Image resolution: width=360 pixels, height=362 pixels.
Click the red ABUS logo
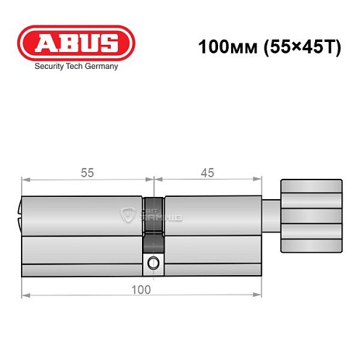click(76, 43)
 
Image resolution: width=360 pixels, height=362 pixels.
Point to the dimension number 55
click(87, 172)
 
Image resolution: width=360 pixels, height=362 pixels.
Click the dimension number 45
click(207, 172)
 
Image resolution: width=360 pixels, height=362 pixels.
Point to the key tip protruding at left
click(18, 214)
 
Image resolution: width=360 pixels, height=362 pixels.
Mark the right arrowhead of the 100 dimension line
click(258, 296)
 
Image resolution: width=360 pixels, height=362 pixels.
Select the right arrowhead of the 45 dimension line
click(258, 180)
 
